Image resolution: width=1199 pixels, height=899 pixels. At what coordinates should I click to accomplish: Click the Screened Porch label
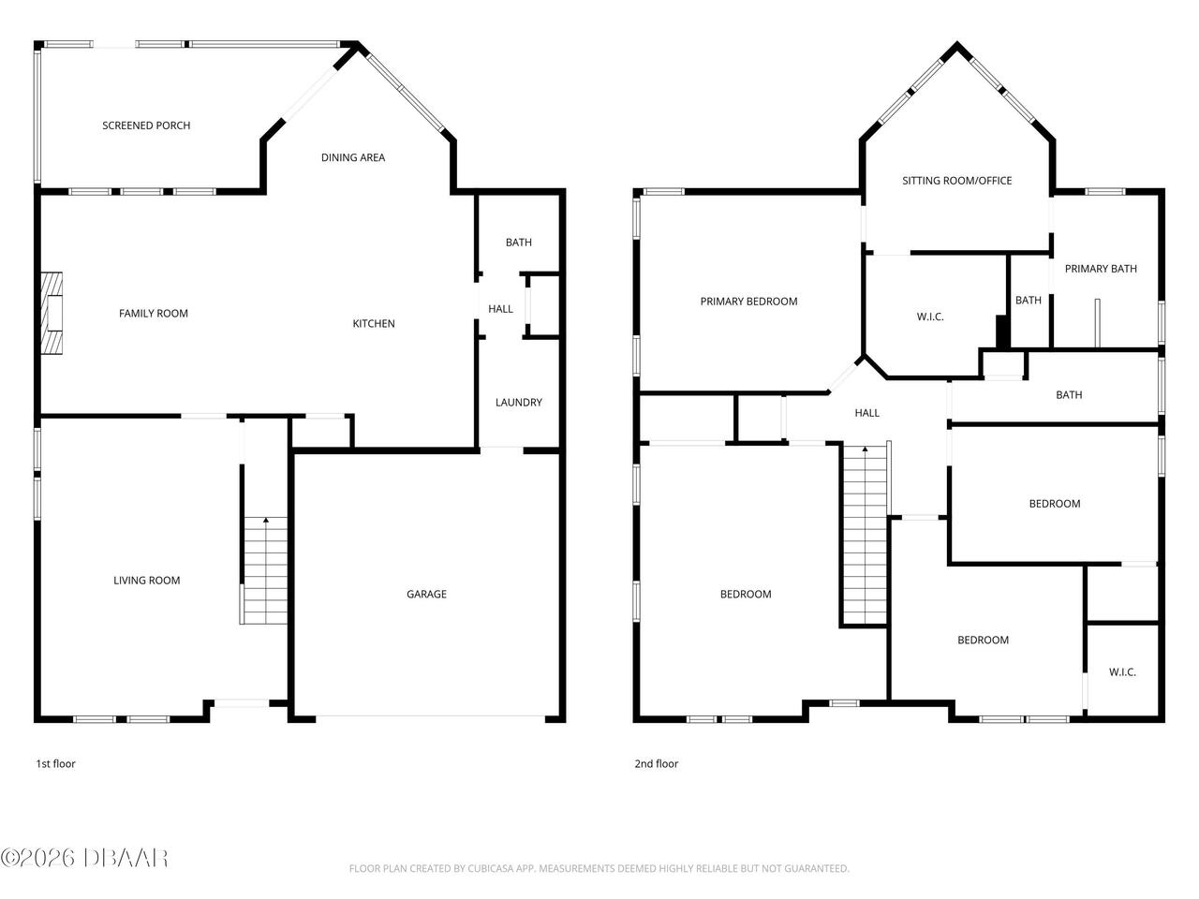pos(146,125)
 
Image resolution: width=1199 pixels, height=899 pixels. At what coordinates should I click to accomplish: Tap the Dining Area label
pos(353,157)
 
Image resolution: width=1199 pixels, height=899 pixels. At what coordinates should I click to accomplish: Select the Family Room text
pos(154,314)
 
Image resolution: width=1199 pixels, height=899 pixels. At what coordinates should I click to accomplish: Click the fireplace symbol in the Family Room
pos(52,314)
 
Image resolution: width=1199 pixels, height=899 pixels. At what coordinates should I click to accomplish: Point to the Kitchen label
pos(374,324)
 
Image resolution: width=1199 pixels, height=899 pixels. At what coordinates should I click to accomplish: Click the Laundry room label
pos(519,403)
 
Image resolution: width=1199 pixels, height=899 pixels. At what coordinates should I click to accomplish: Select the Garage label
pos(426,594)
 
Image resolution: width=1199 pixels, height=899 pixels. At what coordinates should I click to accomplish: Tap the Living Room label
pos(147,581)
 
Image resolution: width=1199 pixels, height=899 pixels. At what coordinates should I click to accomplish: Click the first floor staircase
pos(265,571)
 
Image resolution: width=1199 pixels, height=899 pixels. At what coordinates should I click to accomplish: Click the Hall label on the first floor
pos(501,309)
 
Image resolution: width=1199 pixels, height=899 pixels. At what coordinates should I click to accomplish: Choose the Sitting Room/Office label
pos(956,181)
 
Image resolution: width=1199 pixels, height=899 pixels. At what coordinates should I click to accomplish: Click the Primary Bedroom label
pos(748,302)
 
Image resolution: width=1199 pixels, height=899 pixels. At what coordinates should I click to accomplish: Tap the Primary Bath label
pos(1101,269)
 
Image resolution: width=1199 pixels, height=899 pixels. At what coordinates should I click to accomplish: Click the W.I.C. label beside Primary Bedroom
pos(930,317)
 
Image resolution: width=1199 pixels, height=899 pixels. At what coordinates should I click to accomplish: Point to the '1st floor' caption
pos(55,764)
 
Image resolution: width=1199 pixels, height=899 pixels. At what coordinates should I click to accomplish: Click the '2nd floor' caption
pos(656,764)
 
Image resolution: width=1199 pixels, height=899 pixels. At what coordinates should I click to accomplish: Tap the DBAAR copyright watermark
pos(84,857)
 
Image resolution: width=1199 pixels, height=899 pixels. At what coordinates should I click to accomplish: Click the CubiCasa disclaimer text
pos(599,869)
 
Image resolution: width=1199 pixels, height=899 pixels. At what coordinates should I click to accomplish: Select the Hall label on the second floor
pos(867,413)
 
